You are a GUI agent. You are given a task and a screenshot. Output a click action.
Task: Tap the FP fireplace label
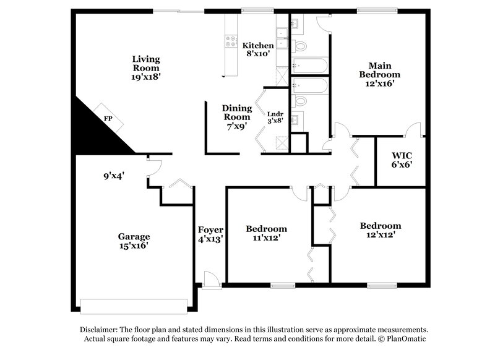(x=108, y=118)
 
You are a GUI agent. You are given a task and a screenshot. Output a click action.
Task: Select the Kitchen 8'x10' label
(x=257, y=50)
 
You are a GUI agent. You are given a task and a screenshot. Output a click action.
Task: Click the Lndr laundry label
(x=275, y=118)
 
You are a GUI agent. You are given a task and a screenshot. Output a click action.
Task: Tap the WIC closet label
(x=402, y=160)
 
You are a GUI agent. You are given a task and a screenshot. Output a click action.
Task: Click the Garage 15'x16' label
(x=134, y=241)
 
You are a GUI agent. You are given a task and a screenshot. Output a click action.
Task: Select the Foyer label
(x=210, y=234)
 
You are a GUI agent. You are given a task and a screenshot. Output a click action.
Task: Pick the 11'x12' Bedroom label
(x=266, y=233)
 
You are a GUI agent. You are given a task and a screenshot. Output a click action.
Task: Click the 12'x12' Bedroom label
(x=381, y=230)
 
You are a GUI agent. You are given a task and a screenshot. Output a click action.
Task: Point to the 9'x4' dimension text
(x=114, y=176)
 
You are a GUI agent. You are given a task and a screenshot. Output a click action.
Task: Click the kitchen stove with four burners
(x=231, y=41)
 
